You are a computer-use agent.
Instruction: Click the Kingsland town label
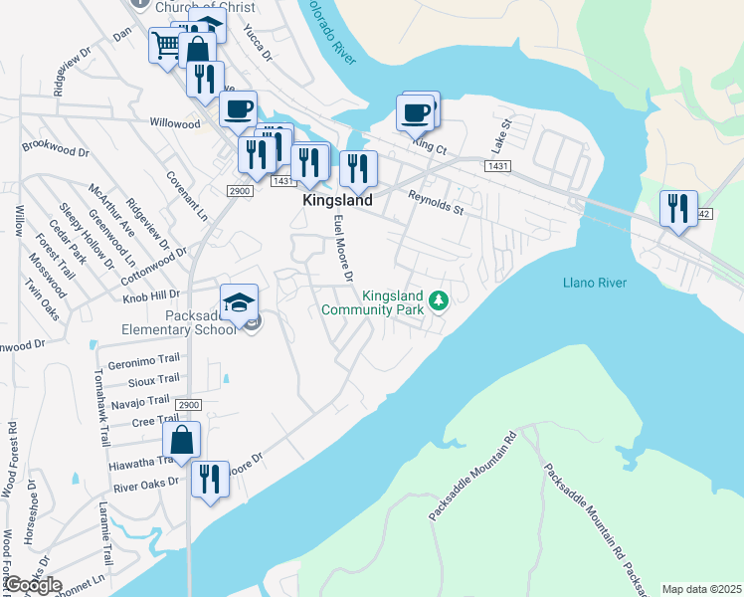click(x=337, y=200)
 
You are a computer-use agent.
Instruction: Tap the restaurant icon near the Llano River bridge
click(x=677, y=208)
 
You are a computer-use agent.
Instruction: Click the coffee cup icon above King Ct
click(x=416, y=111)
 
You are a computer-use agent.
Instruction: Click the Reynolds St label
click(x=437, y=204)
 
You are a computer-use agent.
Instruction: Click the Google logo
click(x=34, y=584)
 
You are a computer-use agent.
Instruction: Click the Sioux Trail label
click(x=154, y=380)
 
